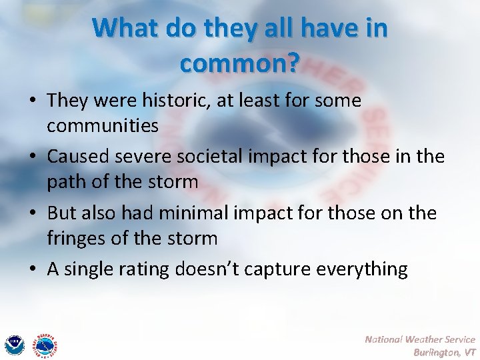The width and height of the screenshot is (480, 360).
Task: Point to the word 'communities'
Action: coord(103,125)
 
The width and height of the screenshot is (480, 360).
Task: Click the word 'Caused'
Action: coord(79,157)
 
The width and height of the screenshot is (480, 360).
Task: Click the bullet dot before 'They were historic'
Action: coord(33,101)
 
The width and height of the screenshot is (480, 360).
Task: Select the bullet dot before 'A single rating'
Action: coord(33,269)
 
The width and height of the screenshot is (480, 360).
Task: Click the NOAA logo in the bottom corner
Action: coord(14,344)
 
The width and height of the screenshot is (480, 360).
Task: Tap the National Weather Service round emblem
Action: coord(45,344)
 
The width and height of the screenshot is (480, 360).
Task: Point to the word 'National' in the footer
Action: coord(386,339)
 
